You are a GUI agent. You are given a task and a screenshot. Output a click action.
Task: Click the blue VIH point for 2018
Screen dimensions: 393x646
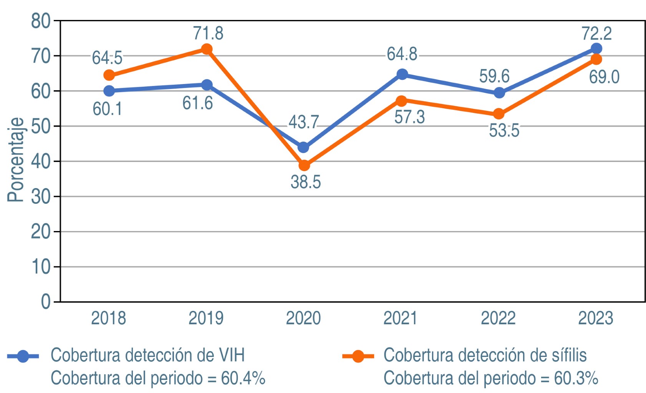click(109, 91)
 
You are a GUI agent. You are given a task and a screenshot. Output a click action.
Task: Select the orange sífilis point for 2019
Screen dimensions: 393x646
click(207, 49)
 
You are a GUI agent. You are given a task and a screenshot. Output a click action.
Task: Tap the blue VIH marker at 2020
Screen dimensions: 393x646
click(303, 147)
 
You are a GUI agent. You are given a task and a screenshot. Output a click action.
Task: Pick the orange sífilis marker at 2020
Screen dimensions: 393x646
click(304, 166)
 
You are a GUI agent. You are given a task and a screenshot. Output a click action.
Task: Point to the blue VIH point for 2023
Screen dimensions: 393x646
click(596, 48)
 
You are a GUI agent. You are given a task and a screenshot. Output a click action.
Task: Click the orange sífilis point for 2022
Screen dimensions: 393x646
click(499, 114)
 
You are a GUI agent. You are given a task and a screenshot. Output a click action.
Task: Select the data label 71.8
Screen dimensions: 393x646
click(208, 33)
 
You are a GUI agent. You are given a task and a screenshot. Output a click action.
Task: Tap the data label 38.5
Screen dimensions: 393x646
click(306, 182)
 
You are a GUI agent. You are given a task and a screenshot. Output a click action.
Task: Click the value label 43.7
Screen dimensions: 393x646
click(303, 122)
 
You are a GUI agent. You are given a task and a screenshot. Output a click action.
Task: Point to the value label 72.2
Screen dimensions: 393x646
click(596, 33)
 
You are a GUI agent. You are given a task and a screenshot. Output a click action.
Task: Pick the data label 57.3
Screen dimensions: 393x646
click(409, 117)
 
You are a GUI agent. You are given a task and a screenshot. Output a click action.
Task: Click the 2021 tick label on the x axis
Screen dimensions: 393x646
click(401, 318)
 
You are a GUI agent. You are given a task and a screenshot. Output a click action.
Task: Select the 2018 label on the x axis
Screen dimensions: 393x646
click(109, 318)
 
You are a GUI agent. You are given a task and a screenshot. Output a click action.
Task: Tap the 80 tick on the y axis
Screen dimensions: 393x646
click(41, 21)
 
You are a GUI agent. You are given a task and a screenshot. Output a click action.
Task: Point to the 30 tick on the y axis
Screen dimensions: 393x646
click(41, 197)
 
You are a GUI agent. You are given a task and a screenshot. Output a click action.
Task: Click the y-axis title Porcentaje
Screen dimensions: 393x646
click(16, 160)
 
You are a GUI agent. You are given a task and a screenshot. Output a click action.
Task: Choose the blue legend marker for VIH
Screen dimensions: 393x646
click(23, 356)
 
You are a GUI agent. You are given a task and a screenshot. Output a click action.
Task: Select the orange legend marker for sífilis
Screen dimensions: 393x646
click(358, 356)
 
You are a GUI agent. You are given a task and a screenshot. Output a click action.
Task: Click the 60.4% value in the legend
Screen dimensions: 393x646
click(243, 378)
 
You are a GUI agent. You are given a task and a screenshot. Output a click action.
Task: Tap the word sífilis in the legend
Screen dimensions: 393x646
click(566, 355)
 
